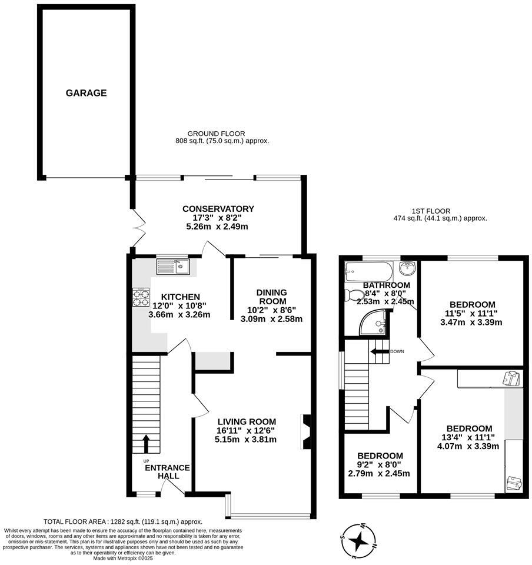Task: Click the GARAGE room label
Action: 86,93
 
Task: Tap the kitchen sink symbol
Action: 172,267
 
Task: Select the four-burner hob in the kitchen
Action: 141,297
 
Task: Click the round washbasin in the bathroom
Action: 407,269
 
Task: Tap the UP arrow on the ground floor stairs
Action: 146,443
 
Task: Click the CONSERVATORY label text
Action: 218,209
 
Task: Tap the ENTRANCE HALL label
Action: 167,471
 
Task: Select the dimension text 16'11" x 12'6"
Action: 245,430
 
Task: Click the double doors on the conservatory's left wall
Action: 138,227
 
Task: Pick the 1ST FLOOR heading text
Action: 431,211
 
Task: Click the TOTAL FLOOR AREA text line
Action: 123,521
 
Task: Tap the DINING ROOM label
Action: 271,297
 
